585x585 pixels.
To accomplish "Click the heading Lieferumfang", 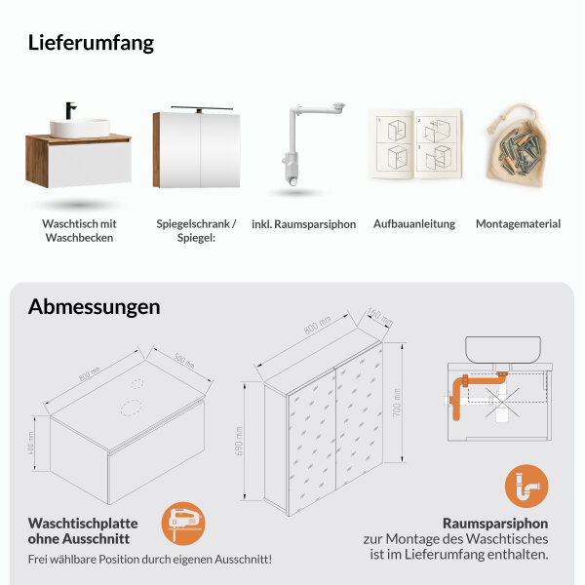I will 91,43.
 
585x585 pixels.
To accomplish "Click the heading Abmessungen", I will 94,307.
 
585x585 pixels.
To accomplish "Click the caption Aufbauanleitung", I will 414,224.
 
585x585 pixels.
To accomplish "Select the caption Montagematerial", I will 518,224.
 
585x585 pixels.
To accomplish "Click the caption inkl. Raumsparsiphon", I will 303,224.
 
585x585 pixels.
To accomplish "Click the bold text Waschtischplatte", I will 83,523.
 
